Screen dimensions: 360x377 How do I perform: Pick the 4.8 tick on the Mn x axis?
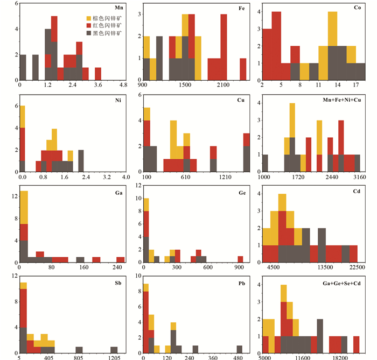tap(123, 85)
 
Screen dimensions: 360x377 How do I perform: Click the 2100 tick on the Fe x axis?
tap(224, 85)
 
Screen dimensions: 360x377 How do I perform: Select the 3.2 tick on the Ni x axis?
tap(106, 177)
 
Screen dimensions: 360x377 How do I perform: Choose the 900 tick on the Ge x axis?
tap(240, 267)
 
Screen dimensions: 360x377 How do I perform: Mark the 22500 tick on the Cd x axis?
tap(357, 267)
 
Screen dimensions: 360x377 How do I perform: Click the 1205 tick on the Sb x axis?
tap(114, 357)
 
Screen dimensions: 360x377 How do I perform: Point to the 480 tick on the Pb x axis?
tap(239, 357)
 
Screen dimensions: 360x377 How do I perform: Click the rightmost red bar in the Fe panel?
tap(243, 69)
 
